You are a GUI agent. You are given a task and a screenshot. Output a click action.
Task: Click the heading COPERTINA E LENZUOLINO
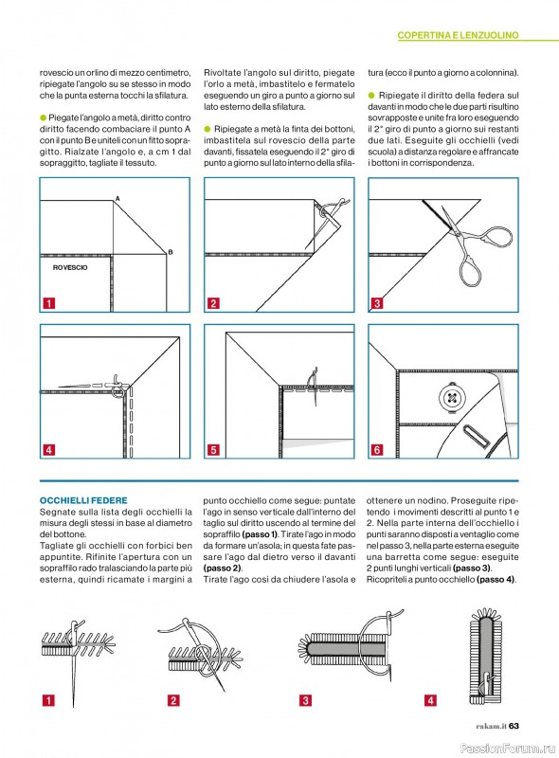[458, 35]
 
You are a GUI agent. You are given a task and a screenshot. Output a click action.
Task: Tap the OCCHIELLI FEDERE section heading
[83, 500]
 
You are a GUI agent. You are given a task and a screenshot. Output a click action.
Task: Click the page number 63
[514, 726]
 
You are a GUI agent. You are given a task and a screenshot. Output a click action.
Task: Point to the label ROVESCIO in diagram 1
[70, 267]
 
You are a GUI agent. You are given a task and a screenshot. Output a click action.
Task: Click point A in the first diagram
[117, 198]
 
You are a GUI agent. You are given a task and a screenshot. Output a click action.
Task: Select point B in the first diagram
[171, 252]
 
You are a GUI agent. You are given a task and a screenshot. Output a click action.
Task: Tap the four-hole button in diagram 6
[452, 398]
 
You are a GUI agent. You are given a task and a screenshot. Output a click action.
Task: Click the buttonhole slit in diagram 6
[477, 437]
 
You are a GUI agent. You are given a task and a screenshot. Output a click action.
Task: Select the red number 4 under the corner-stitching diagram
[49, 450]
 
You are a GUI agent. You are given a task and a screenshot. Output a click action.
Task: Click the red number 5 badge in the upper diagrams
[213, 450]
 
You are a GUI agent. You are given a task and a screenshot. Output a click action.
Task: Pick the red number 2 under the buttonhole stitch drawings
[173, 700]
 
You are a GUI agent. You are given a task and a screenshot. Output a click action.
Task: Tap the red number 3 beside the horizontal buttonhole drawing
[305, 700]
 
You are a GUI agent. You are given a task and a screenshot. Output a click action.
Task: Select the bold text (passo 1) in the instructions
[260, 534]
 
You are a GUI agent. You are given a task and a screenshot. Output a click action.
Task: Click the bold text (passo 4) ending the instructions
[496, 579]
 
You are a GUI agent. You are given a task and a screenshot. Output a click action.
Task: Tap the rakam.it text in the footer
[491, 726]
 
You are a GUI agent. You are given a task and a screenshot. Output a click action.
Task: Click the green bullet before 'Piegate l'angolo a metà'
[43, 117]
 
